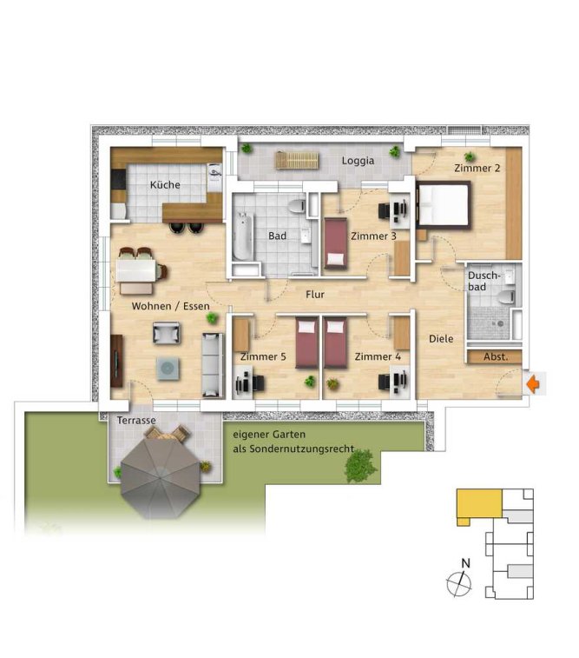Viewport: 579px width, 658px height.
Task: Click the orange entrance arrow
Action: pyautogui.click(x=533, y=383)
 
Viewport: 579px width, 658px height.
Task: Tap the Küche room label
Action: pyautogui.click(x=165, y=184)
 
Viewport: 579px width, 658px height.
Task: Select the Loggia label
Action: pyautogui.click(x=358, y=161)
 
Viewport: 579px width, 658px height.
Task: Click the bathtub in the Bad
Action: pyautogui.click(x=243, y=236)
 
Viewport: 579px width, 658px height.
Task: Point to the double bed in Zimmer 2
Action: pyautogui.click(x=444, y=205)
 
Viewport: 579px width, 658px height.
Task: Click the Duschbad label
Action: pyautogui.click(x=484, y=281)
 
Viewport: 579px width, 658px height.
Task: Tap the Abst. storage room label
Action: pyautogui.click(x=496, y=357)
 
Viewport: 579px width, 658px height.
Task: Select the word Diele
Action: pyautogui.click(x=441, y=339)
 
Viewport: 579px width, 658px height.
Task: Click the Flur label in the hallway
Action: pyautogui.click(x=315, y=295)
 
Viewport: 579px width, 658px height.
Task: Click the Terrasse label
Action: pyautogui.click(x=136, y=420)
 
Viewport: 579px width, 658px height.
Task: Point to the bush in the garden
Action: pyautogui.click(x=360, y=465)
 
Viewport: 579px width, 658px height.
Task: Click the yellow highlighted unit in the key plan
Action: pyautogui.click(x=479, y=504)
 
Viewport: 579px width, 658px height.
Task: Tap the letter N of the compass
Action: pyautogui.click(x=465, y=563)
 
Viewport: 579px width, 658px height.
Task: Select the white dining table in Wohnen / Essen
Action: pyautogui.click(x=135, y=270)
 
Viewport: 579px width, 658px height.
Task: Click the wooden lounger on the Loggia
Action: pyautogui.click(x=297, y=160)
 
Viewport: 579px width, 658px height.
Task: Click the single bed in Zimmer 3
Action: pyautogui.click(x=335, y=243)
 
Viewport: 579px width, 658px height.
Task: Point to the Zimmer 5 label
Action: pyautogui.click(x=263, y=356)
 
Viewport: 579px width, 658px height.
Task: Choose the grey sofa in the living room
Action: pyautogui.click(x=213, y=365)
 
